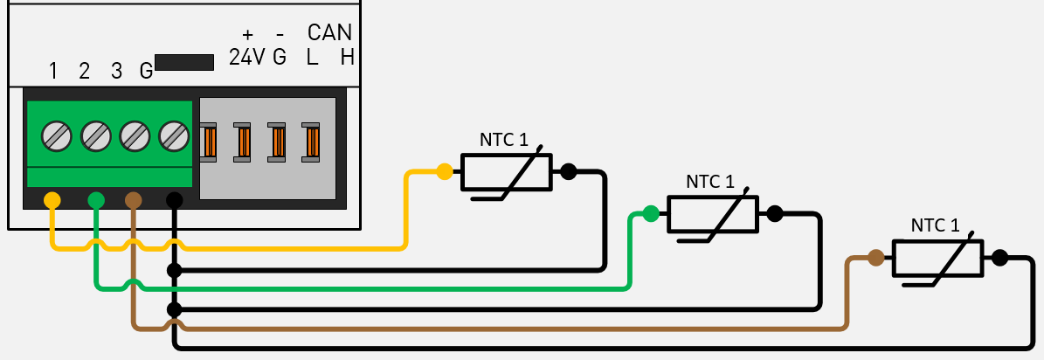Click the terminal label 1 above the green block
(x=53, y=71)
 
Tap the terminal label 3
(x=116, y=71)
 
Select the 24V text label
(x=247, y=58)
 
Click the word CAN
(x=329, y=33)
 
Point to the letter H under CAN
(x=347, y=58)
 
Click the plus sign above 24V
(x=247, y=34)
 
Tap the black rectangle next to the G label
(x=184, y=63)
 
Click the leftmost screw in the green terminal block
(x=57, y=135)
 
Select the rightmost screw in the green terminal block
(x=173, y=135)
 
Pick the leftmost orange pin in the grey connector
(x=209, y=142)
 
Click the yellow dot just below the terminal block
(x=52, y=200)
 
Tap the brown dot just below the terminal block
(x=133, y=200)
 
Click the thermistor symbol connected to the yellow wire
(x=506, y=172)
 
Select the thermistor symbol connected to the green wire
(x=713, y=213)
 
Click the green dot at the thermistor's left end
(x=651, y=212)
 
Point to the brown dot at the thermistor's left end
(x=875, y=258)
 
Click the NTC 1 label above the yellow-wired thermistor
(x=503, y=139)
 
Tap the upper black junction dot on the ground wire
(x=174, y=270)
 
